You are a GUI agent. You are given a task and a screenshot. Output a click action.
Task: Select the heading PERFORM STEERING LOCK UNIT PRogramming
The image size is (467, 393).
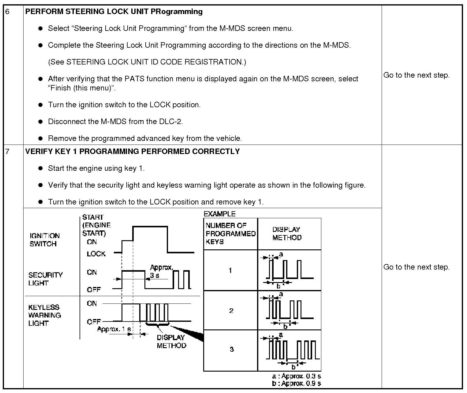(114, 12)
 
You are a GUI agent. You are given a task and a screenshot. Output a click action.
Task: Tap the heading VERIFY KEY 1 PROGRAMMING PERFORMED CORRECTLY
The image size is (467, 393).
(132, 152)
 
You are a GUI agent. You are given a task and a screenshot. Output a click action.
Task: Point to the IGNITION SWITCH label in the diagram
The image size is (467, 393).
(44, 240)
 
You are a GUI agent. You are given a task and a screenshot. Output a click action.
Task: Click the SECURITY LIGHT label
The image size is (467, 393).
(45, 279)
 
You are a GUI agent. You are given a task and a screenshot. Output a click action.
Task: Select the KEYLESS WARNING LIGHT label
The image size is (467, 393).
(45, 315)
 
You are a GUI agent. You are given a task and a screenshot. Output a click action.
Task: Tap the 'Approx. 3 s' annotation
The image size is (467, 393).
(161, 271)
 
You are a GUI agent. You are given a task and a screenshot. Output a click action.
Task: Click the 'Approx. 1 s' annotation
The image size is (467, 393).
(114, 329)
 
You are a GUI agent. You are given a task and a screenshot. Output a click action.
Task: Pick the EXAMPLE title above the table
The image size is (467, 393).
(219, 214)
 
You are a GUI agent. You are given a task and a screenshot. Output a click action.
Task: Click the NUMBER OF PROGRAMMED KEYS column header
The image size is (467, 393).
(230, 234)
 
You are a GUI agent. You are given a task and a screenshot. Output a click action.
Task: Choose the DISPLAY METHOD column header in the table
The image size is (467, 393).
(286, 234)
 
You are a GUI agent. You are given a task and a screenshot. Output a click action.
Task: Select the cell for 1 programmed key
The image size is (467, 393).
(230, 270)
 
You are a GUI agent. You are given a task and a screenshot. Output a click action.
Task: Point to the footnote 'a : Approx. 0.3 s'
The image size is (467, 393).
(296, 376)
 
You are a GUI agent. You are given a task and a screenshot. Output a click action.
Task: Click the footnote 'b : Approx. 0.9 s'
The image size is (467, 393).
(296, 384)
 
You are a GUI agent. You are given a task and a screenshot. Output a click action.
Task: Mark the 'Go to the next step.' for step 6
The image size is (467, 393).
(417, 75)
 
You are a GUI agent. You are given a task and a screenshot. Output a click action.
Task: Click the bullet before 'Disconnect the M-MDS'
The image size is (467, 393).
(40, 122)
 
